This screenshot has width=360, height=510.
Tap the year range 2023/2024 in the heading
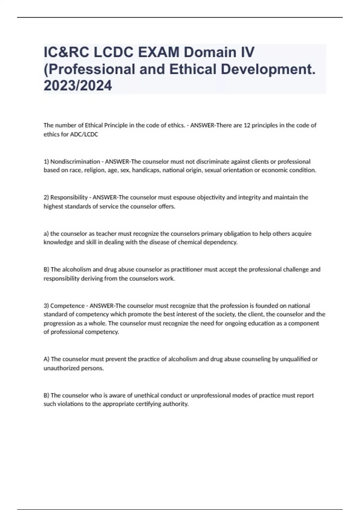tap(78, 85)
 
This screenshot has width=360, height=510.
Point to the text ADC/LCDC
tap(84, 134)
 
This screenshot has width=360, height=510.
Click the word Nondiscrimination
tap(75, 162)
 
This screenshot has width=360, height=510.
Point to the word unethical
tap(148, 395)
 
